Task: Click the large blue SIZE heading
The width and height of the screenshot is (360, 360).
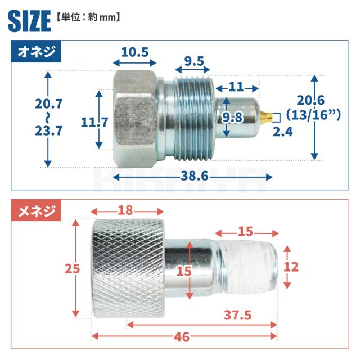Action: (29, 21)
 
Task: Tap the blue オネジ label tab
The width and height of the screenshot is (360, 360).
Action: (36, 52)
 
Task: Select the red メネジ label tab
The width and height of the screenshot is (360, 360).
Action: (36, 210)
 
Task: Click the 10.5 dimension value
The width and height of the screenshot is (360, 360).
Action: (135, 52)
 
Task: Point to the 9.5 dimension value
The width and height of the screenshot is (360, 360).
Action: (194, 61)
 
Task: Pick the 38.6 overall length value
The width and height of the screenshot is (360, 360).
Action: (195, 176)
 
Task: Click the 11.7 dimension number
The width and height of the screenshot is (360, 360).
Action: (94, 122)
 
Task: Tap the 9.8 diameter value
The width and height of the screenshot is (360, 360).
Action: (232, 118)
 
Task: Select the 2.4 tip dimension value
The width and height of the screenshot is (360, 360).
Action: (283, 132)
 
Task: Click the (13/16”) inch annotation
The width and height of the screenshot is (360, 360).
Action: (313, 115)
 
